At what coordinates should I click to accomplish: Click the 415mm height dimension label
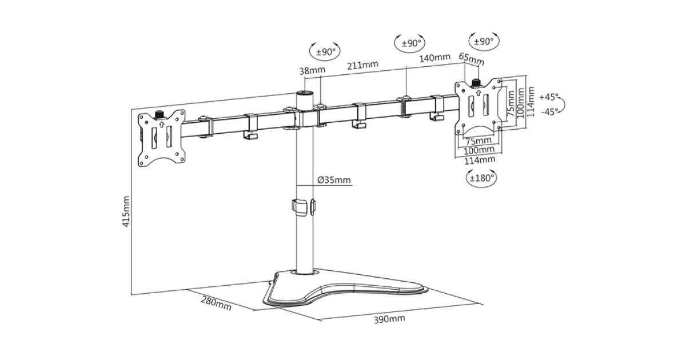126,211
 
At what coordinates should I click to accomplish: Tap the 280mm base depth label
216,302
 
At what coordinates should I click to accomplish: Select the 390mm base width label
389,318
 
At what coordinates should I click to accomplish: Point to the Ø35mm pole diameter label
334,181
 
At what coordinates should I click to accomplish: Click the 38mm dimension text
312,71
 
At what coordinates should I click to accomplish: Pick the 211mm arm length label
362,64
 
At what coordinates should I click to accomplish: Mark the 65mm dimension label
472,58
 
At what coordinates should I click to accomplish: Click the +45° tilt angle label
548,97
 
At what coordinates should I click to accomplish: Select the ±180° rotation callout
481,178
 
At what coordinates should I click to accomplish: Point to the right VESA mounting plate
479,106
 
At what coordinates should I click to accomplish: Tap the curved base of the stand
343,289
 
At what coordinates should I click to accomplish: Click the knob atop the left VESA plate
160,114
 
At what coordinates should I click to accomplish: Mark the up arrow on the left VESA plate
162,124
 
